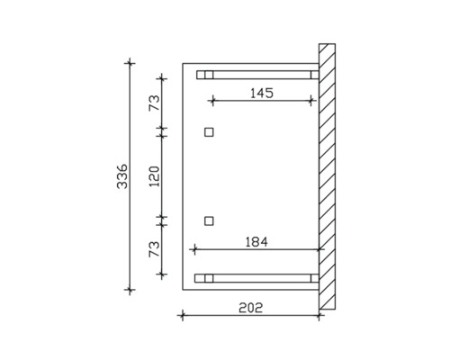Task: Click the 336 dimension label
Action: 122,176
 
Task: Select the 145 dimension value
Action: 262,93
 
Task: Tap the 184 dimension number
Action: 256,242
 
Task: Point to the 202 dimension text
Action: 250,308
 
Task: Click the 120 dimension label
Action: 155,176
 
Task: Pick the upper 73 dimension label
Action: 155,103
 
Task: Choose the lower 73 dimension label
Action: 155,249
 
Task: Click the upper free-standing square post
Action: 209,132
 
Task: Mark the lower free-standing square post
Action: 209,221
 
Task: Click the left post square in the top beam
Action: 209,75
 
